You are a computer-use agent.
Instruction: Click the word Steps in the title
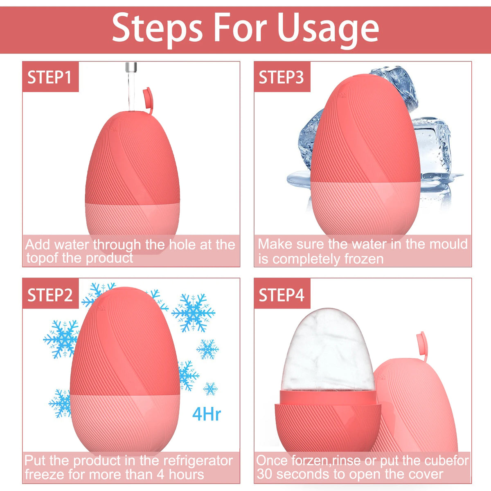point(158,28)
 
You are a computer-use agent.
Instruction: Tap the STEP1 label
point(50,77)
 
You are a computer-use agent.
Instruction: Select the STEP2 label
point(50,295)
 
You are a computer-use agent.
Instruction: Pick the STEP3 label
point(282,77)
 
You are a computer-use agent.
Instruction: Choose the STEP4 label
point(282,295)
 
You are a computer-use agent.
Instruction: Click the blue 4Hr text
point(207,414)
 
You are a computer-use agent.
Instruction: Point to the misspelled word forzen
point(309,460)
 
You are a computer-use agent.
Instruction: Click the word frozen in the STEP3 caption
point(364,259)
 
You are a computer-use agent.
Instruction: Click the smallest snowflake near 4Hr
point(210,388)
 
